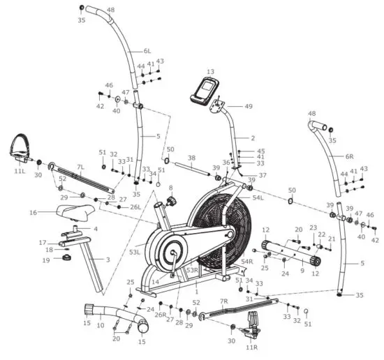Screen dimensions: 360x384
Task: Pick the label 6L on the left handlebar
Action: point(147,51)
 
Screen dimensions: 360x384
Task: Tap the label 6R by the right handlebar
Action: point(349,156)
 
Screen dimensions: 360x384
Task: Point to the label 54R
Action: point(246,262)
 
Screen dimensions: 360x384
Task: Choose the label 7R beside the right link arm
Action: point(224,301)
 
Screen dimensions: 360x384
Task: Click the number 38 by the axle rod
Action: point(191,158)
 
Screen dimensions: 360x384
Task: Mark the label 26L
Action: point(135,207)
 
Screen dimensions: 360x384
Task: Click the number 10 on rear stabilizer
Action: point(100,325)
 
